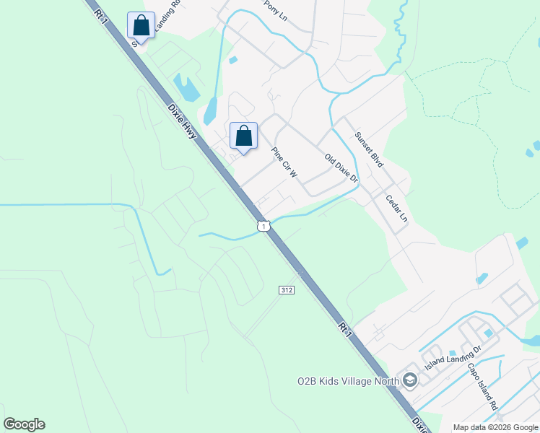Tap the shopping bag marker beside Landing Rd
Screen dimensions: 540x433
[x=141, y=25]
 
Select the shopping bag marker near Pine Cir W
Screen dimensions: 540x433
[x=243, y=135]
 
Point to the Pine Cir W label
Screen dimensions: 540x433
[x=284, y=163]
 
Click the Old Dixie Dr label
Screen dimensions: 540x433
[x=341, y=167]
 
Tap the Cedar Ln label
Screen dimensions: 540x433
[x=397, y=208]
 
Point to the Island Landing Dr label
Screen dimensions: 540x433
[x=453, y=359]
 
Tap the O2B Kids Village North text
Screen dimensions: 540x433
[x=349, y=380]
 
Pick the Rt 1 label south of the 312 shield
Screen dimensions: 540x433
[x=346, y=329]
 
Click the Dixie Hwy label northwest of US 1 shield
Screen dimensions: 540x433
[x=182, y=120]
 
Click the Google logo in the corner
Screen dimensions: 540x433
[x=24, y=424]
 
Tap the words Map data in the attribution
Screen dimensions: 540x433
[x=469, y=427]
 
